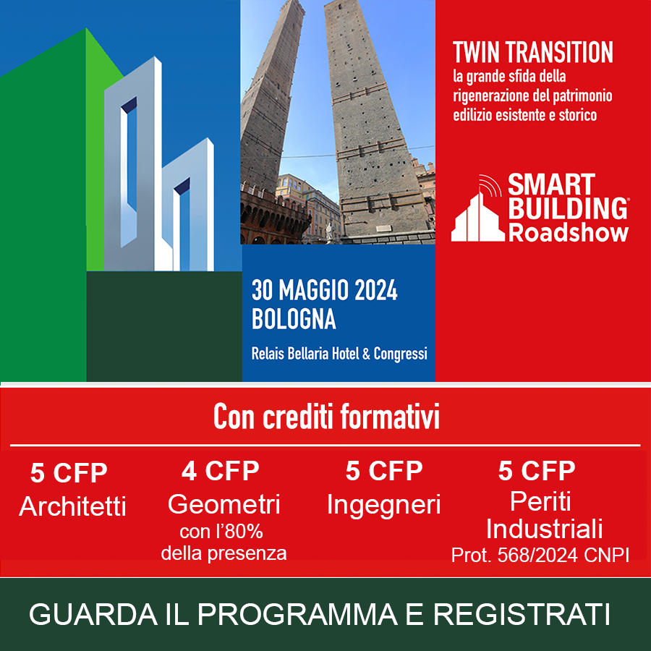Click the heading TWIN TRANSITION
(532, 52)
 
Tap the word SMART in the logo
(551, 185)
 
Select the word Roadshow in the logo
(568, 232)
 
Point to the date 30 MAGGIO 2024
(324, 291)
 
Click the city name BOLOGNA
(294, 319)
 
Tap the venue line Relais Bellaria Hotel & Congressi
(339, 354)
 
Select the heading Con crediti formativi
(326, 417)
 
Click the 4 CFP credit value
(220, 470)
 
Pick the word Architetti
(72, 506)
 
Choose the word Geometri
(224, 504)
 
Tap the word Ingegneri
(383, 506)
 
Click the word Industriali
(544, 529)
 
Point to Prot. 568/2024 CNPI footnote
(540, 555)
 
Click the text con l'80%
(221, 532)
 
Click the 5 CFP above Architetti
(69, 472)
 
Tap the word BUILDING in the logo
(568, 208)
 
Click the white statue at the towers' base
(329, 231)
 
